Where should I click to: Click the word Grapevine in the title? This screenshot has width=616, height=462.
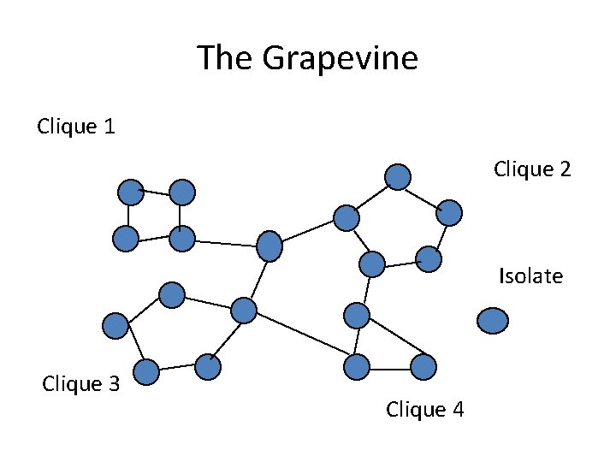pyautogui.click(x=341, y=59)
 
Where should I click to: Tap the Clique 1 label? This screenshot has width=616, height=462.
pyautogui.click(x=77, y=127)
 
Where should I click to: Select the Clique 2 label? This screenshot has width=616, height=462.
pyautogui.click(x=532, y=169)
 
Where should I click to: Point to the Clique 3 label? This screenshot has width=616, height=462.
pyautogui.click(x=81, y=384)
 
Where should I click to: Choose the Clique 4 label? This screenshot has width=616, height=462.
pyautogui.click(x=425, y=410)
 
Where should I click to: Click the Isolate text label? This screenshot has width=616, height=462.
pyautogui.click(x=531, y=276)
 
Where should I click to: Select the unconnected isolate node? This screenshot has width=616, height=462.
pyautogui.click(x=493, y=320)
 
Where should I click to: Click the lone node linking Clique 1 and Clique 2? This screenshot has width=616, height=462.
pyautogui.click(x=269, y=246)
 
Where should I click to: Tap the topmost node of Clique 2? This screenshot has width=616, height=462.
pyautogui.click(x=397, y=176)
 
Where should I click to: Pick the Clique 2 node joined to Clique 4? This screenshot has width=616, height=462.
pyautogui.click(x=372, y=264)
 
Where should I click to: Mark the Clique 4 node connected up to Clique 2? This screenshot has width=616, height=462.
pyautogui.click(x=356, y=316)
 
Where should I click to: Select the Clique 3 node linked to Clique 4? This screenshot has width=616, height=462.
pyautogui.click(x=244, y=310)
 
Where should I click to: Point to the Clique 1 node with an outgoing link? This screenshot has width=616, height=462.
pyautogui.click(x=182, y=239)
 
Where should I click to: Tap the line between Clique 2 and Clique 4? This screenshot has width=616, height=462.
pyautogui.click(x=364, y=290)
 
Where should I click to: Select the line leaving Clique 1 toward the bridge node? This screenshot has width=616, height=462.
pyautogui.click(x=226, y=242)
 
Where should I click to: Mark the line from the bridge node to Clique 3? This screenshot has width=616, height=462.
pyautogui.click(x=257, y=278)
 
